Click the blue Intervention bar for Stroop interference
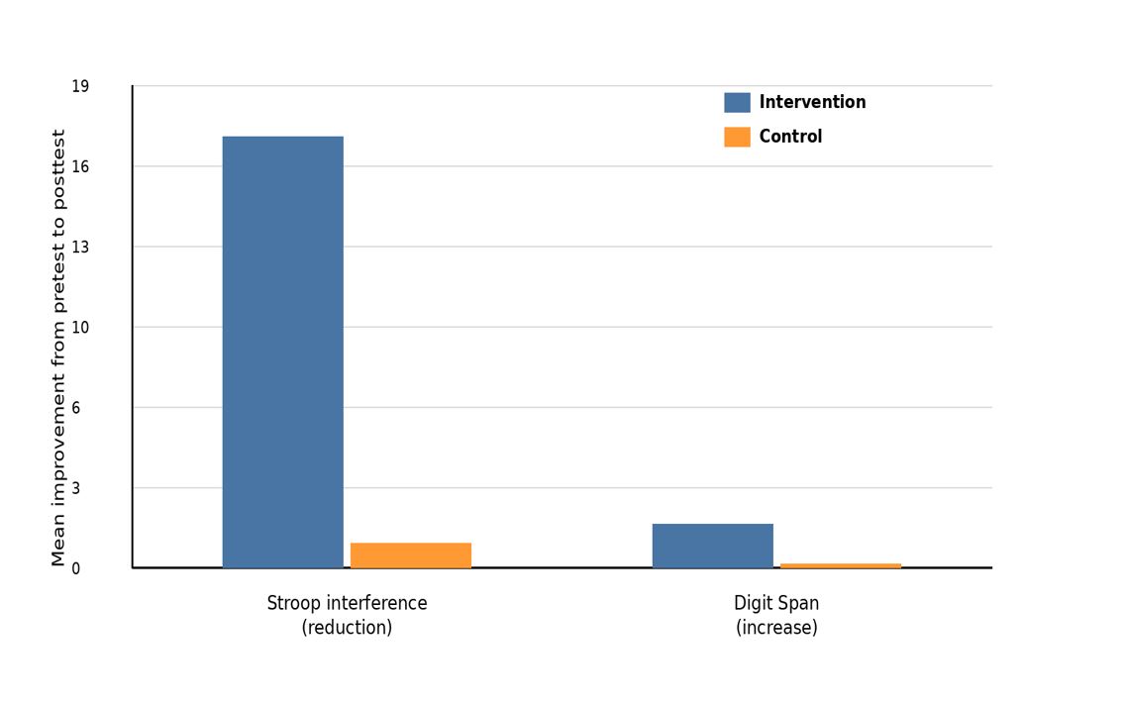tap(282, 352)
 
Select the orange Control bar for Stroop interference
tap(411, 555)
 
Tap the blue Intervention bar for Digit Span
tap(713, 547)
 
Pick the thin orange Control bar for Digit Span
tap(841, 566)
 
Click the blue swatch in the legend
tap(737, 103)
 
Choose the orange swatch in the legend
tap(737, 137)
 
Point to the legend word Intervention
tap(812, 102)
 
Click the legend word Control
tap(790, 137)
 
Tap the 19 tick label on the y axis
tap(80, 87)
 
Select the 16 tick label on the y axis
tap(80, 167)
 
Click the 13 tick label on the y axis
tap(80, 248)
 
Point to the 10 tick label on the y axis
tap(80, 328)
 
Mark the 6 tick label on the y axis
tap(76, 408)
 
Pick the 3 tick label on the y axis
tap(76, 488)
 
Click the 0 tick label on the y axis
tap(76, 569)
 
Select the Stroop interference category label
tap(347, 603)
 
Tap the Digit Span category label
tap(776, 603)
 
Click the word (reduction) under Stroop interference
tap(347, 628)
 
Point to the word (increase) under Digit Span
tap(776, 628)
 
